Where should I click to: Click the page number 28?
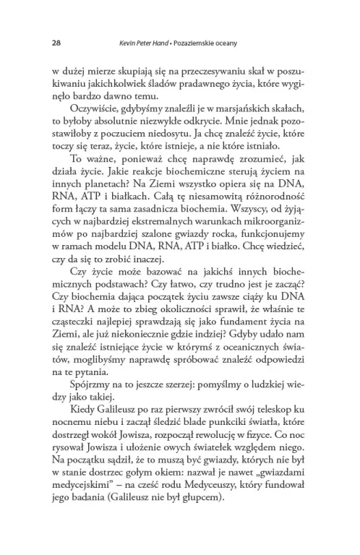tap(56, 43)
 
